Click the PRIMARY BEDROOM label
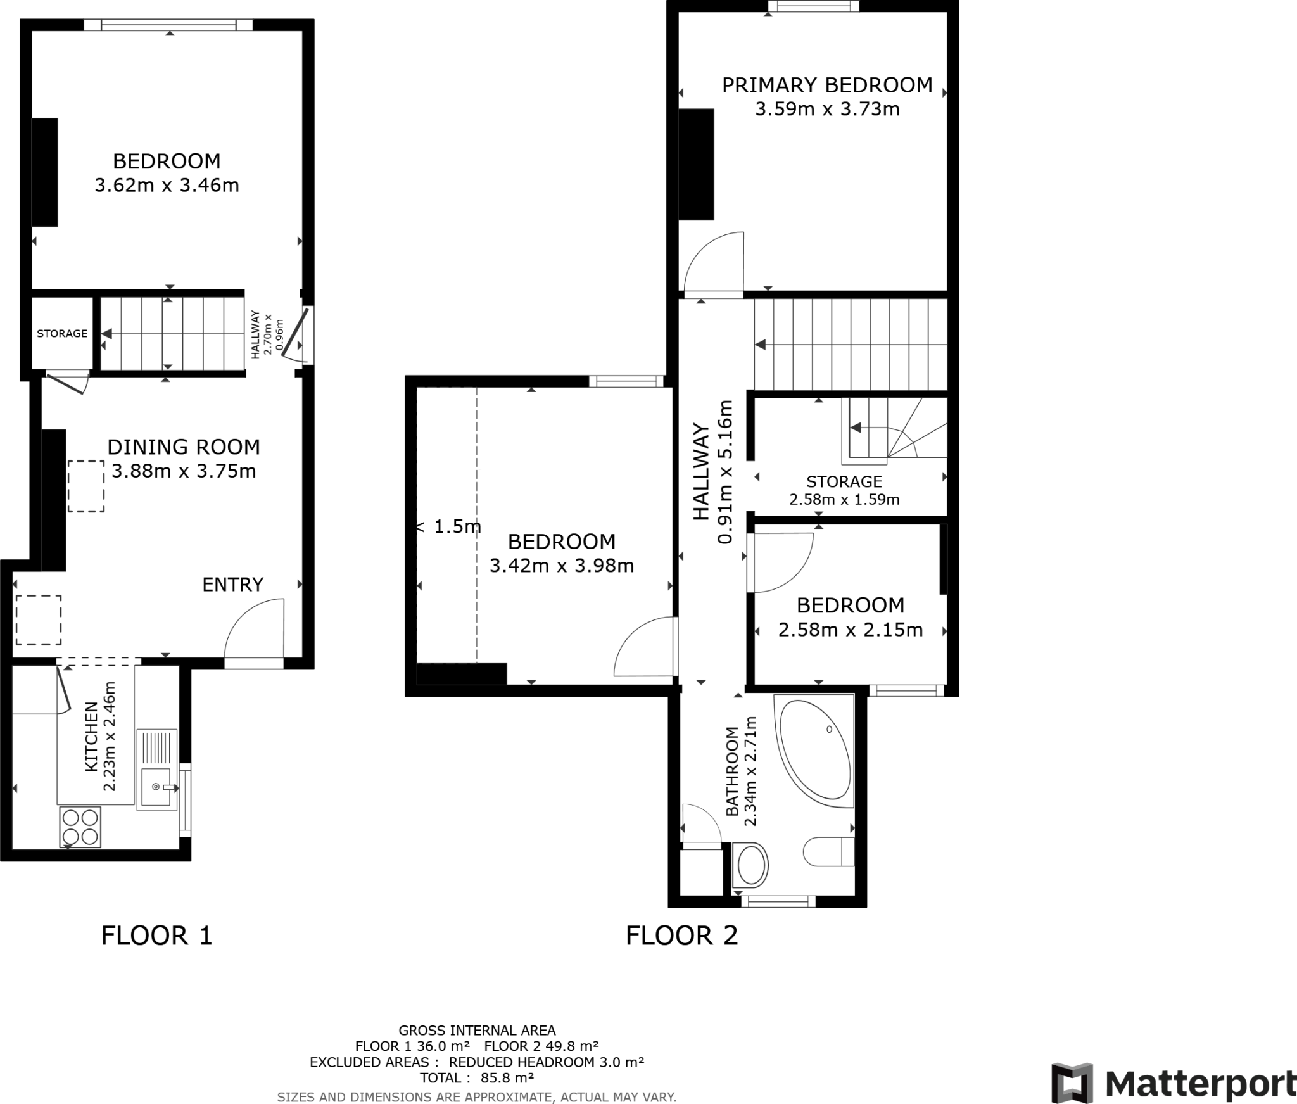coord(826,85)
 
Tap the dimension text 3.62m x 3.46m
coord(167,186)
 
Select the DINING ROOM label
coord(184,447)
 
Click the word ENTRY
coord(232,585)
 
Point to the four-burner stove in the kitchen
coord(80,827)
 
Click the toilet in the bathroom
coord(829,852)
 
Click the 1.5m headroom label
coord(457,526)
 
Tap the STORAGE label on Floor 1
coord(62,333)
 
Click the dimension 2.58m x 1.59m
coord(844,500)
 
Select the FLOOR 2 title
coord(681,936)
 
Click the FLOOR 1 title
coord(156,936)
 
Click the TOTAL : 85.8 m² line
coord(476,1077)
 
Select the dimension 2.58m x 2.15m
coord(850,630)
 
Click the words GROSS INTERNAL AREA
coord(476,1031)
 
